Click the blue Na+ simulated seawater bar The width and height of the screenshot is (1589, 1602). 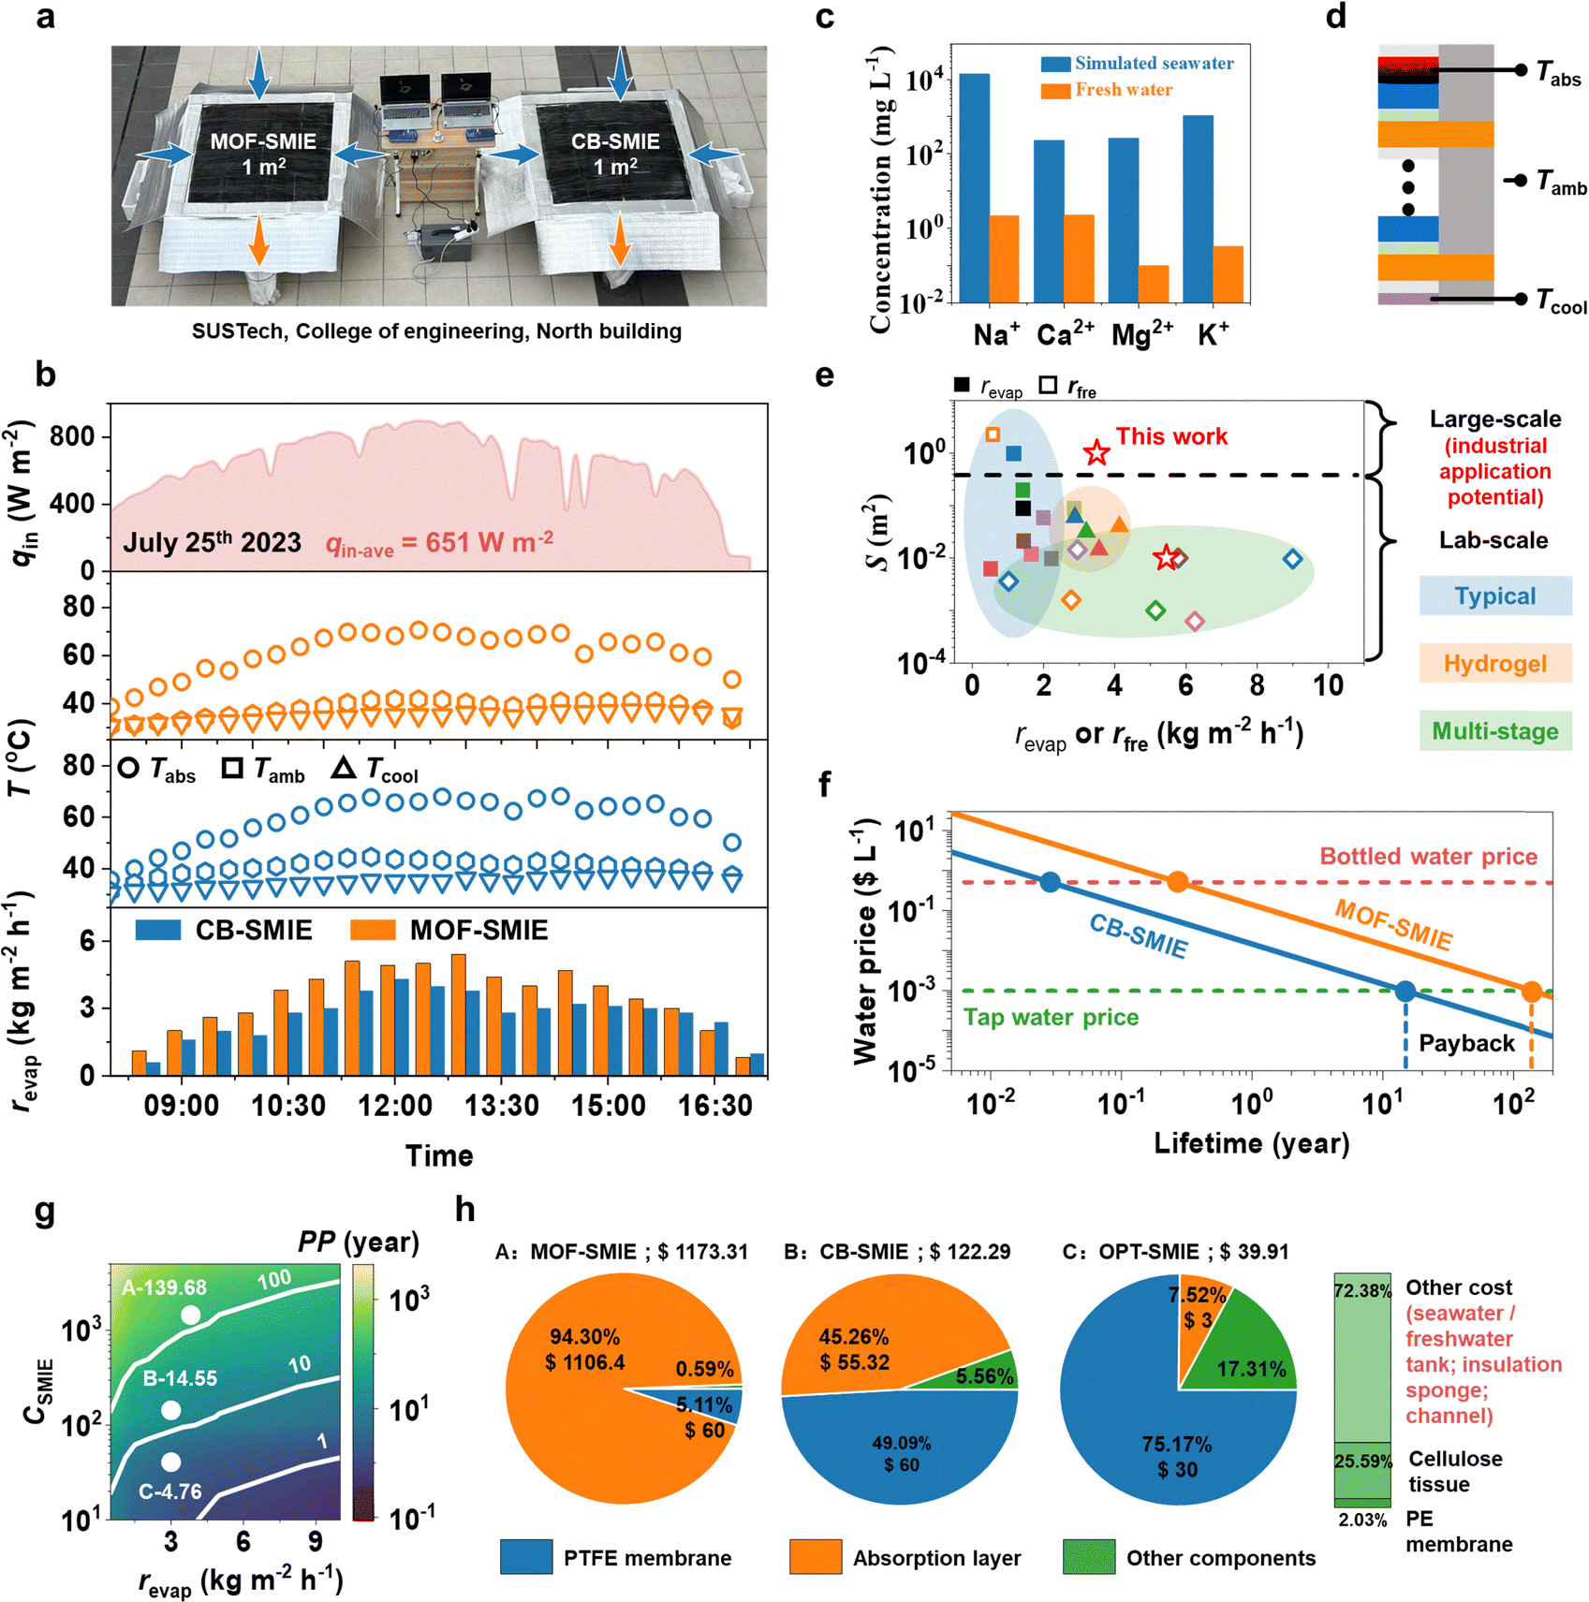point(974,187)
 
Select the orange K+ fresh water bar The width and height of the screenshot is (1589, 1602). point(1228,274)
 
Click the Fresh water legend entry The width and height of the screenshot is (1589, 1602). point(1123,90)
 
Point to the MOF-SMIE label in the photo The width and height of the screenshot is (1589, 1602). point(263,142)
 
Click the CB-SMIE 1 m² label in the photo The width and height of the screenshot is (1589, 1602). point(615,154)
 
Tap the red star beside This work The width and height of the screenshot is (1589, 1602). point(1096,453)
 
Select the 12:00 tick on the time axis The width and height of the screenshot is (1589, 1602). point(394,1106)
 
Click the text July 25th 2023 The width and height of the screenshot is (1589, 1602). point(213,543)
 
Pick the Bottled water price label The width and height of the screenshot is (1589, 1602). point(1428,856)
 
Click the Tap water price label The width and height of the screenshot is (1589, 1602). point(1052,1017)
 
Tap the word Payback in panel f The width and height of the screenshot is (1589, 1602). point(1466,1043)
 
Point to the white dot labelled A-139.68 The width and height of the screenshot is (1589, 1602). point(190,1315)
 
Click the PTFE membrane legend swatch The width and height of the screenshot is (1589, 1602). point(526,1557)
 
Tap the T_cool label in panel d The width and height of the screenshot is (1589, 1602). point(1560,301)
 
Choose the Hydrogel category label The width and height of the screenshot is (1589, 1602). point(1494,664)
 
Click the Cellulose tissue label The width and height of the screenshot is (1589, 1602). point(1455,1471)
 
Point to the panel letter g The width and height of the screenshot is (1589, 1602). point(45,1211)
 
